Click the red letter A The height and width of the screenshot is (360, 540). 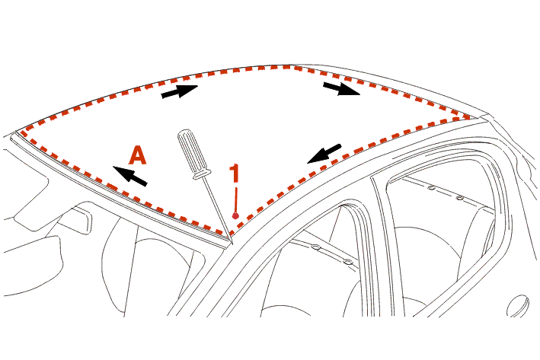tap(138, 155)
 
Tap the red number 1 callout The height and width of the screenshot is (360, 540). tap(235, 173)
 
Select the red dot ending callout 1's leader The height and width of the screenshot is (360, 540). tap(235, 216)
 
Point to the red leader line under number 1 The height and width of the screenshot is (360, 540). tap(236, 200)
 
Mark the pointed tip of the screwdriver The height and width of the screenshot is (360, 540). tap(233, 244)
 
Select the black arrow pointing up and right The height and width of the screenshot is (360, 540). tap(180, 91)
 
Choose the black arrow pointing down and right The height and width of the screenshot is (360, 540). tap(341, 88)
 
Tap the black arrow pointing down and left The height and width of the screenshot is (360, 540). tap(324, 154)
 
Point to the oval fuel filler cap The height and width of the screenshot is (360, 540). tap(518, 305)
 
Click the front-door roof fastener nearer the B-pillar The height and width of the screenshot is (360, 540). tap(347, 263)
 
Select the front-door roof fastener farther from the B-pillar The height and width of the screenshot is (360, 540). tap(315, 247)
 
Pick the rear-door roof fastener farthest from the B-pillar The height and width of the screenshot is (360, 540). tap(459, 198)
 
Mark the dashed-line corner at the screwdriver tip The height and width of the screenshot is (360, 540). tap(230, 234)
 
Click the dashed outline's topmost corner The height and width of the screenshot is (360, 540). tap(289, 66)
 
